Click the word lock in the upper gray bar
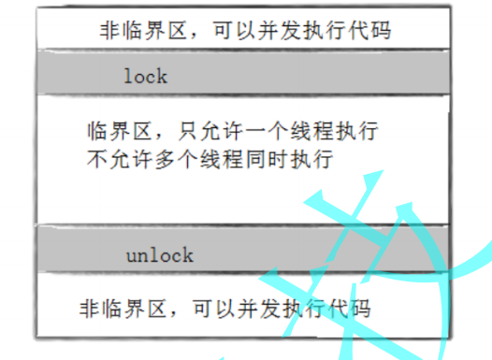pyautogui.click(x=145, y=76)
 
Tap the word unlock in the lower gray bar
pyautogui.click(x=159, y=254)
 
